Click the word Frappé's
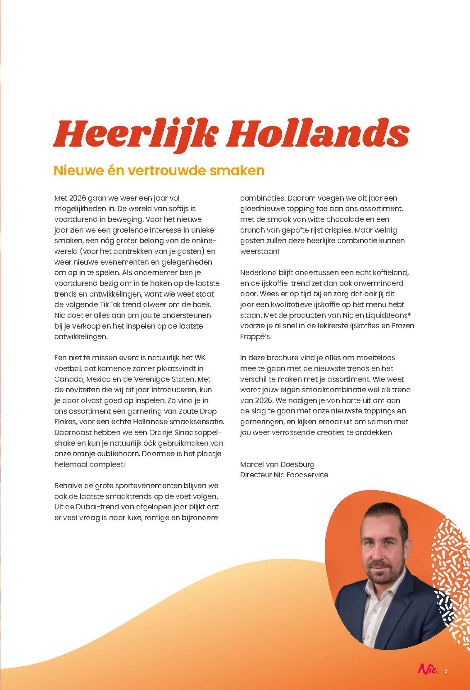pyautogui.click(x=255, y=337)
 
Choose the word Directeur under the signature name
pyautogui.click(x=256, y=475)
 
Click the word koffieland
pyautogui.click(x=390, y=273)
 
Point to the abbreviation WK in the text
pyautogui.click(x=200, y=358)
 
